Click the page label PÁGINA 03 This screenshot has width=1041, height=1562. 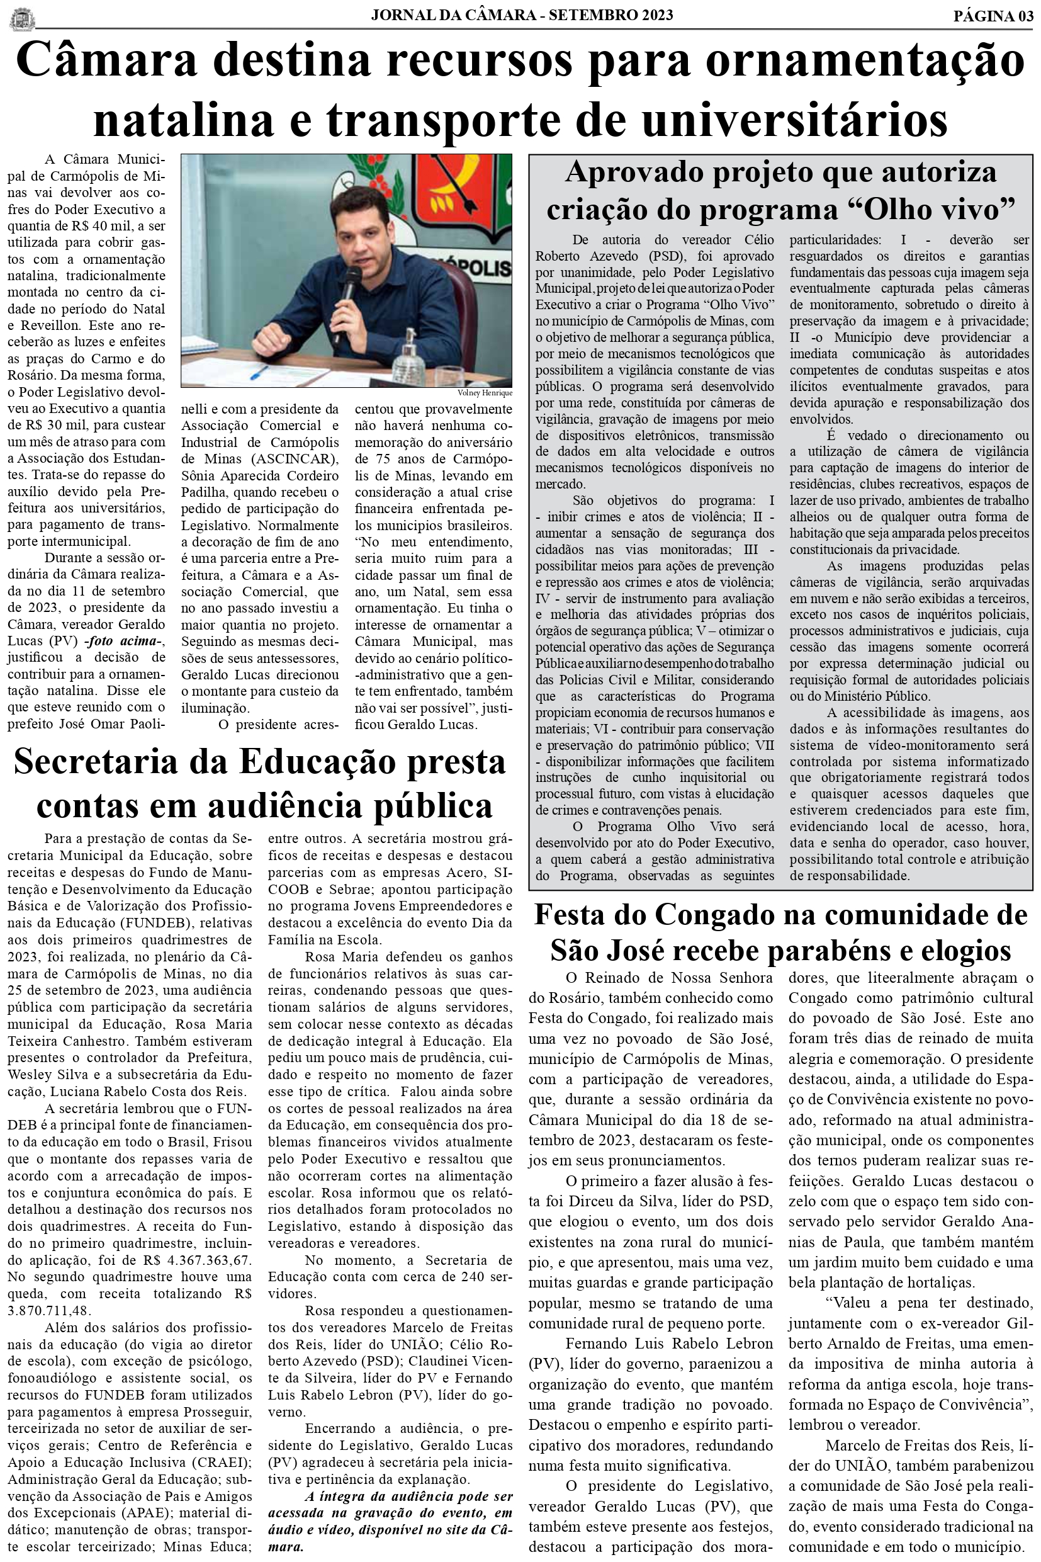pos(993,16)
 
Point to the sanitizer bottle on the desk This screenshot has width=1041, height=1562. pos(409,362)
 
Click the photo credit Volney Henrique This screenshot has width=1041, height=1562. pos(485,393)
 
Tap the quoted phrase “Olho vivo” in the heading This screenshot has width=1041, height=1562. pos(937,209)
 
